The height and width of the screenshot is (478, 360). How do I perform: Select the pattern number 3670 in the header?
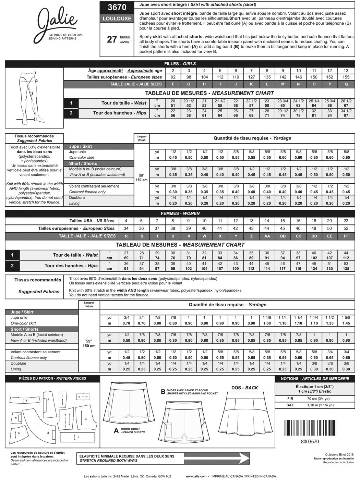point(117,7)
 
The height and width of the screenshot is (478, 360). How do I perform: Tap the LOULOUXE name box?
point(117,19)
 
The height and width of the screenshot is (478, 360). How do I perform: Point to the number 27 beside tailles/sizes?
point(112,39)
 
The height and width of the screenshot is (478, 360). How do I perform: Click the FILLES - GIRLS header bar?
point(180,64)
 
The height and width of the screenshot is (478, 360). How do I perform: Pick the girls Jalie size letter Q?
point(346,84)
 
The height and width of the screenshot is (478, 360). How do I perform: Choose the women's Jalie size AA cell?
point(267,236)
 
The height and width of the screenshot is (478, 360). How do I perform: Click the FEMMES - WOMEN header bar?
point(180,213)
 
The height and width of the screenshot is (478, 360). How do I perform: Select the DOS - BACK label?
point(245,388)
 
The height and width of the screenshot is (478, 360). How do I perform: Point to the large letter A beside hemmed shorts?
point(116,431)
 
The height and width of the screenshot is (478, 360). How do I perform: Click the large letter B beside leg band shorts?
point(163,391)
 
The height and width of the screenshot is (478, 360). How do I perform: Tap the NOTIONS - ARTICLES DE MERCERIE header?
point(315,379)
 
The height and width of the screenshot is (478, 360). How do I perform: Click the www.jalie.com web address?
point(196,476)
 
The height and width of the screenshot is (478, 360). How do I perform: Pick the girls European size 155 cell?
point(346,77)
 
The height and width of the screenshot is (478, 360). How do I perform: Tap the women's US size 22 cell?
point(346,221)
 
